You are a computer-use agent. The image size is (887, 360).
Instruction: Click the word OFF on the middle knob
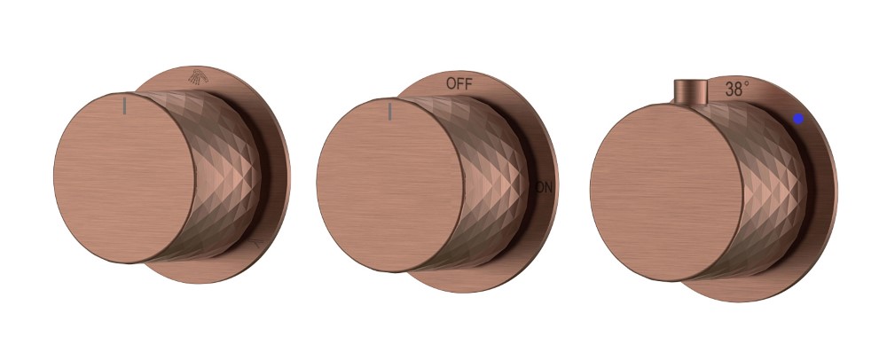coord(459,83)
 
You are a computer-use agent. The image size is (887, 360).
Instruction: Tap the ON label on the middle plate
coord(544,188)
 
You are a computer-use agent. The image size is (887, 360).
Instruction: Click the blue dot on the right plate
coord(798,119)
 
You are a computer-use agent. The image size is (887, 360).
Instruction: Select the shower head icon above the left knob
coord(198,77)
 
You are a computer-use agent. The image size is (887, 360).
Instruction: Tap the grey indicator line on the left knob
coord(124,106)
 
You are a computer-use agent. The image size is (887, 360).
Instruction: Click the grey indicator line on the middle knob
coord(389,112)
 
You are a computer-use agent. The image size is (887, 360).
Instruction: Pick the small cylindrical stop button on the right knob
coord(691,92)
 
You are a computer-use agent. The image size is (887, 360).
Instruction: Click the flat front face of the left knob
coord(124,177)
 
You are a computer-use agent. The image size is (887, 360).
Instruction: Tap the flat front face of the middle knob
coord(390,184)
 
